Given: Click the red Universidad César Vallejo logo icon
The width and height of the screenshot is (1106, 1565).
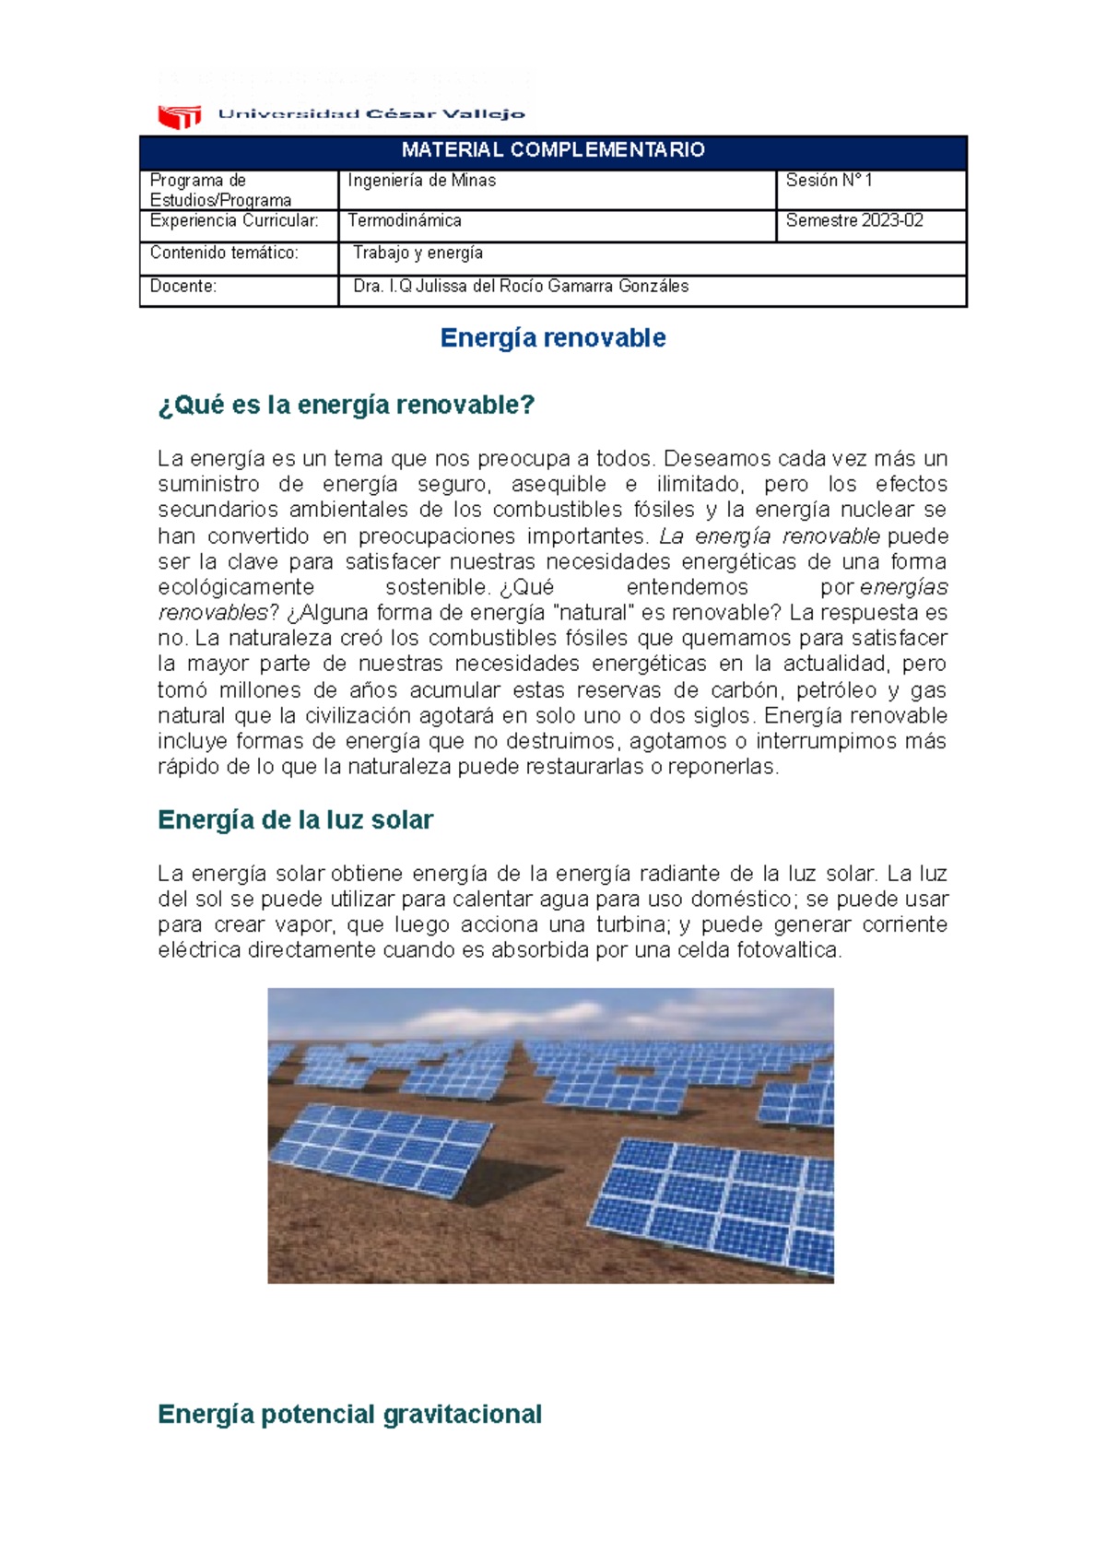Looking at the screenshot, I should (x=180, y=116).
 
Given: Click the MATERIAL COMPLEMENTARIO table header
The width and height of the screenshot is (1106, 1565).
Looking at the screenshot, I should (x=553, y=150).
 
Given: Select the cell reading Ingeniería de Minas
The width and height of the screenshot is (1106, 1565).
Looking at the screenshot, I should (x=422, y=181).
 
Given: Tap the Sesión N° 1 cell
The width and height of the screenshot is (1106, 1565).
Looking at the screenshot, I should (x=829, y=181).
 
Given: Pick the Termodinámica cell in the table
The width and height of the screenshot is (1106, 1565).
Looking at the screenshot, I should (x=405, y=221).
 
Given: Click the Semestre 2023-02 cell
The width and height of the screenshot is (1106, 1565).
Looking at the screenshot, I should (x=854, y=221).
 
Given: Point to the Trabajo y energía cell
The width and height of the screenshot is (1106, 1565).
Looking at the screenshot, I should (x=418, y=253).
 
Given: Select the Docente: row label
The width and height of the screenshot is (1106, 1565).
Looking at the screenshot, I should (x=183, y=287).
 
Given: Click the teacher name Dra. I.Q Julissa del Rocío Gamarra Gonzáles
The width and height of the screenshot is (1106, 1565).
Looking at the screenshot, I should (x=521, y=287).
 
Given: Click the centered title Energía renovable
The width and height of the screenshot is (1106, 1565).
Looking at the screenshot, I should (x=553, y=338).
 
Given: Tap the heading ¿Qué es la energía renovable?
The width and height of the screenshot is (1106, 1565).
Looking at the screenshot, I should (x=347, y=406).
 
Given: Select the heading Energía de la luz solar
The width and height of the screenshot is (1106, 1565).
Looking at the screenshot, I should (x=295, y=820).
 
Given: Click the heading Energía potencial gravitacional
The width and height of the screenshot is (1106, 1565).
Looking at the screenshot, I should (x=349, y=1415).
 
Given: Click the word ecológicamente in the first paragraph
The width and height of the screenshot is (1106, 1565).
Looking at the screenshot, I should (x=236, y=588).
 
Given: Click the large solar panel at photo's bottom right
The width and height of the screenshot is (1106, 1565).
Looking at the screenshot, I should (x=724, y=1198).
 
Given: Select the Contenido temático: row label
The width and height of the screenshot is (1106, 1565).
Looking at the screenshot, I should (x=224, y=253).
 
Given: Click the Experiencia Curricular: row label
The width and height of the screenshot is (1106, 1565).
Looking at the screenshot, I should (x=234, y=221).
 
